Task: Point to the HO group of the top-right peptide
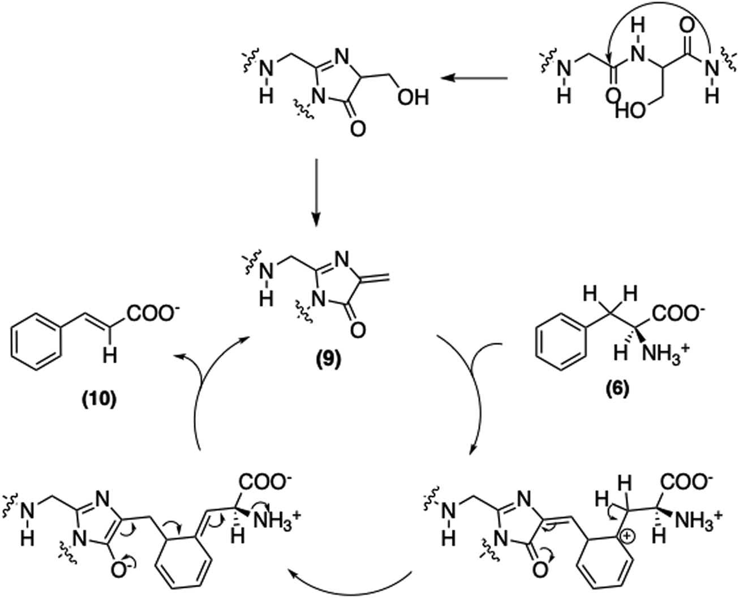(x=630, y=110)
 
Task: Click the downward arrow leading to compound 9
(x=316, y=192)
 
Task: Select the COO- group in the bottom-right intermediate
(x=684, y=482)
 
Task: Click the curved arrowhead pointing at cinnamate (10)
(x=177, y=355)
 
